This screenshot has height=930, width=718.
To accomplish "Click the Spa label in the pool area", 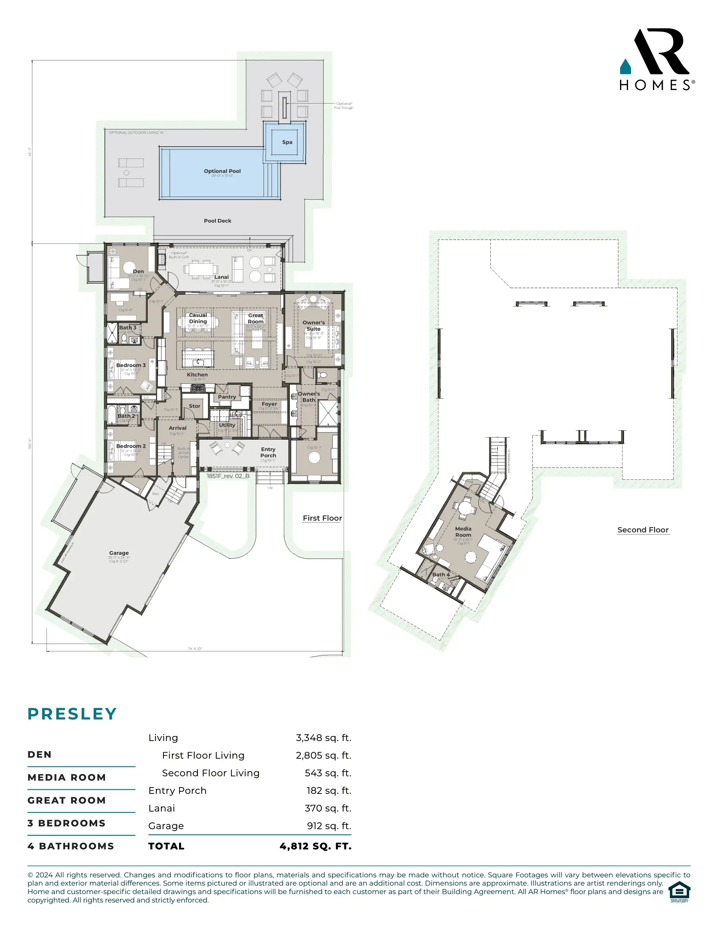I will (287, 142).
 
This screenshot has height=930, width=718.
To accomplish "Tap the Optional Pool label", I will (222, 171).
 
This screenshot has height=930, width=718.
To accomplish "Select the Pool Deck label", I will (218, 221).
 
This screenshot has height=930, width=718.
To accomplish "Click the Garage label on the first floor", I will (119, 553).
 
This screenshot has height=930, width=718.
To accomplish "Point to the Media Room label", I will (463, 532).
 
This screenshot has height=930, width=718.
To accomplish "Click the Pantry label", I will (227, 397).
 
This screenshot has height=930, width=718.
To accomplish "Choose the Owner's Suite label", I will (313, 326).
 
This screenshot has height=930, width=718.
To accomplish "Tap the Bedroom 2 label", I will (131, 446).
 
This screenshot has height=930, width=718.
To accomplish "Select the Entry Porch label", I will (268, 452).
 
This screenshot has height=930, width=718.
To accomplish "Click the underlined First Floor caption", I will (322, 518).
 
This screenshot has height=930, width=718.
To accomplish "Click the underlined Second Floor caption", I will (643, 530).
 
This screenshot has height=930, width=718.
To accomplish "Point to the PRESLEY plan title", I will (72, 714).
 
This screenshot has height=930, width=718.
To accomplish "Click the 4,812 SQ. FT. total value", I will (315, 846).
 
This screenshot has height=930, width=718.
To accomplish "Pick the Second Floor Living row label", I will (211, 773).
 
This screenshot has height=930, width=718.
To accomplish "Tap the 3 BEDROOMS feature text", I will (66, 823).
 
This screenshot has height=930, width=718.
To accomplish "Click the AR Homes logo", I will (656, 60).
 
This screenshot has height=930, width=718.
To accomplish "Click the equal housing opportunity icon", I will (679, 892).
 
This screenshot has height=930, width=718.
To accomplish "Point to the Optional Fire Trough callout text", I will (343, 106).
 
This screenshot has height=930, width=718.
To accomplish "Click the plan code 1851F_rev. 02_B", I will (228, 476).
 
